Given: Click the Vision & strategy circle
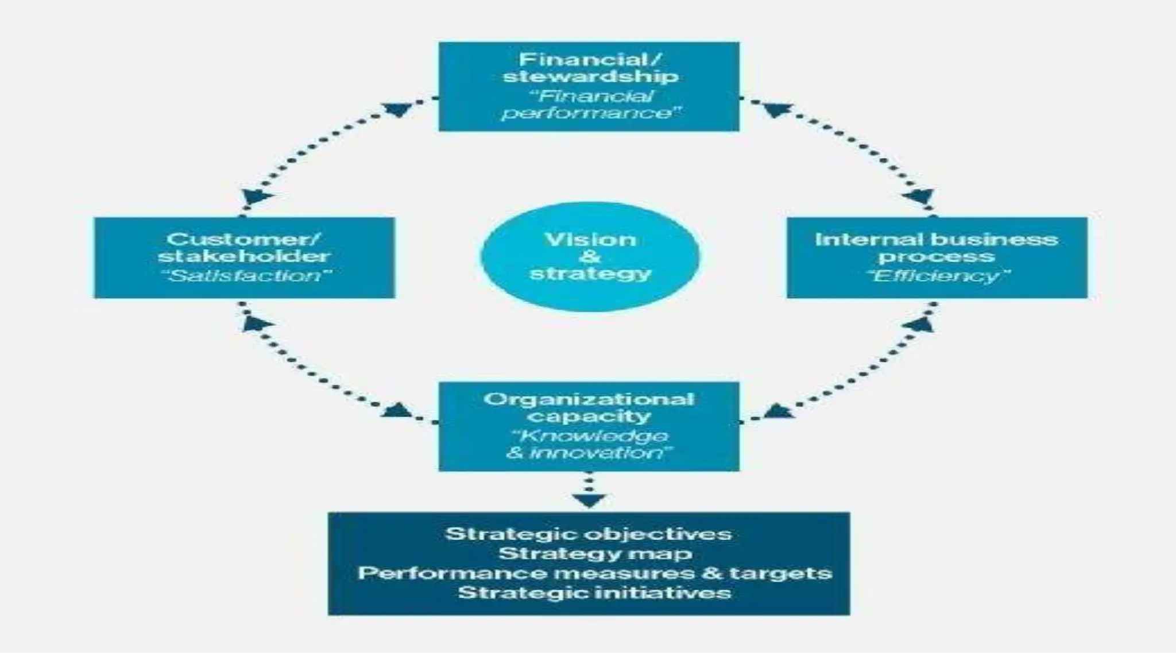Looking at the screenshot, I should (590, 256).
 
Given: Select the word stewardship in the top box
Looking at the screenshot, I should (590, 76).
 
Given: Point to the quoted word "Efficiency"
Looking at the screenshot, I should (938, 276).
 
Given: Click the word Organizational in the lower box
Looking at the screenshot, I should (589, 399).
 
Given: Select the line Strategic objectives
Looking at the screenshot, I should (589, 534).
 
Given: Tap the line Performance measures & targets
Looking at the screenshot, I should (594, 573).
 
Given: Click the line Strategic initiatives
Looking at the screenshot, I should (594, 592).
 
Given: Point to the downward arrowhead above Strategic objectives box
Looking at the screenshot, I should (589, 500).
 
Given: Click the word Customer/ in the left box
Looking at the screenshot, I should (243, 239).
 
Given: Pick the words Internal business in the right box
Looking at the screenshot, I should (936, 239).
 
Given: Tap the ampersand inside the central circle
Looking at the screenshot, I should (590, 256).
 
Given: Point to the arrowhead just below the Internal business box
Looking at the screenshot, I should (919, 324).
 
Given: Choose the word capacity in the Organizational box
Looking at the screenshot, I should (589, 416).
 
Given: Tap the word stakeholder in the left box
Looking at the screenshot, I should (243, 256).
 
